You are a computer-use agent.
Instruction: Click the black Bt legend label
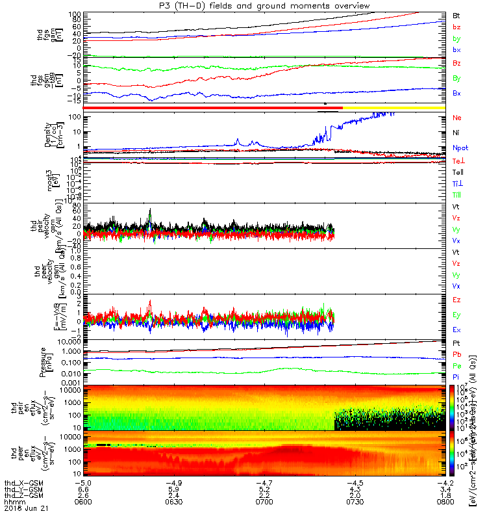(456, 15)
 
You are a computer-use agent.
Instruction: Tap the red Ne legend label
(457, 118)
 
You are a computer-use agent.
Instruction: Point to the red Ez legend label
(456, 300)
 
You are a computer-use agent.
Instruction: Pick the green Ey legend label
(456, 315)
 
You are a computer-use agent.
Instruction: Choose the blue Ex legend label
(456, 329)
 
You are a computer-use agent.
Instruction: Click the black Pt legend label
(456, 341)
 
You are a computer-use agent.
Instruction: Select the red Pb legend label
(456, 355)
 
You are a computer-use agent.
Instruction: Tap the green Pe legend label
(456, 367)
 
